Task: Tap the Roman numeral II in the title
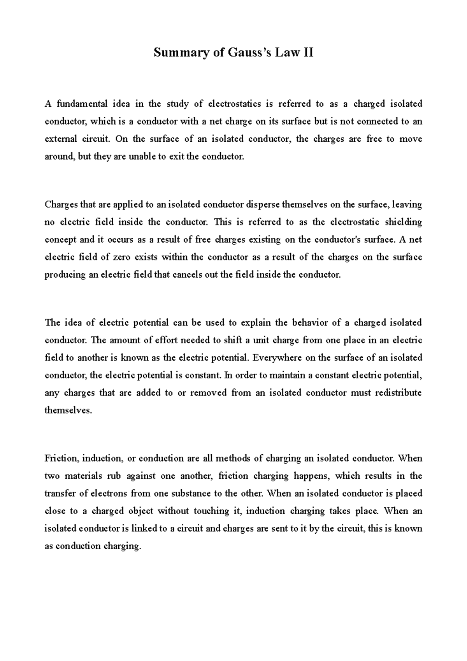[307, 52]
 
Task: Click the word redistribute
[398, 393]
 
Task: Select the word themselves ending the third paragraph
[68, 410]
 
